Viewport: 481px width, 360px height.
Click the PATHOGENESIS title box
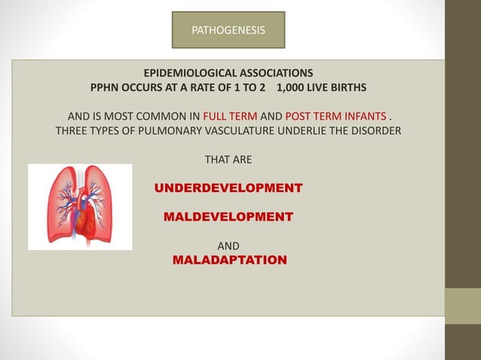(x=228, y=30)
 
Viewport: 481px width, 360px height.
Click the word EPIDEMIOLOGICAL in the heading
(x=188, y=73)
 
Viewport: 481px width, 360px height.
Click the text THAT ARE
(x=228, y=160)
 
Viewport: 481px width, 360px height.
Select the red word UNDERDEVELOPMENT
(x=228, y=188)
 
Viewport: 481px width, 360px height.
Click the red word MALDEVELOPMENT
(x=228, y=217)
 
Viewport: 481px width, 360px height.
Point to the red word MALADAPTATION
(x=229, y=261)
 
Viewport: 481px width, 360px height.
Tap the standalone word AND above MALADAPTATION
(x=228, y=246)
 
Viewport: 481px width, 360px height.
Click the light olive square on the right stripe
(x=462, y=306)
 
